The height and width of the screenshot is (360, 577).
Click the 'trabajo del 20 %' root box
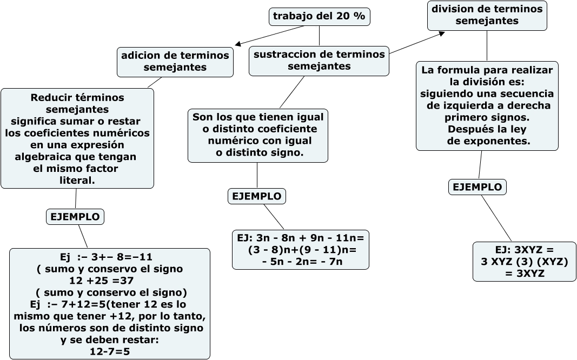(x=319, y=17)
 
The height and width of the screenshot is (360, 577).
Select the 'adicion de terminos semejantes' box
(x=175, y=62)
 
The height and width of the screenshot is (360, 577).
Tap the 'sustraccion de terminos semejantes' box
(x=319, y=61)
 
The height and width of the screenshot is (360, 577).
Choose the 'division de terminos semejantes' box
(x=487, y=15)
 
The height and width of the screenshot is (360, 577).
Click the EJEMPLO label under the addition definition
(x=75, y=217)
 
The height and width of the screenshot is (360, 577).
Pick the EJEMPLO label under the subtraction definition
(x=257, y=196)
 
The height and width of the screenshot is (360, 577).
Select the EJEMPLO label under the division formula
(x=477, y=187)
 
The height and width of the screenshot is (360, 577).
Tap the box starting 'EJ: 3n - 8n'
(x=301, y=250)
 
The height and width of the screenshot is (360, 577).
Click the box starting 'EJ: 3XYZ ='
(x=524, y=262)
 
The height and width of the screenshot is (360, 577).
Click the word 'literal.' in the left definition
(x=77, y=181)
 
